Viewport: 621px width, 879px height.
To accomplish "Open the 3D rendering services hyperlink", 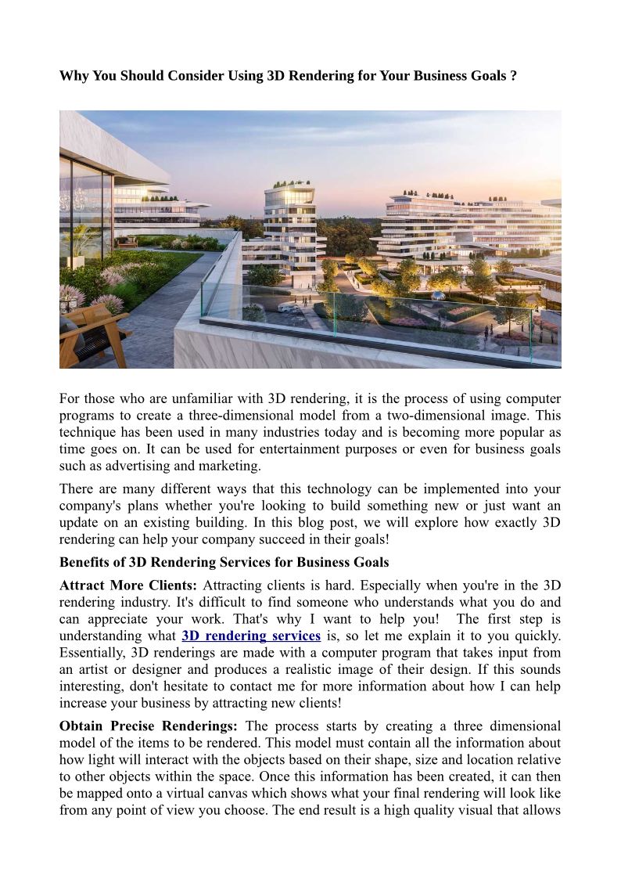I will tap(251, 636).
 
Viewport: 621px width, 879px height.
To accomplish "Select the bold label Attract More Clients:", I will tap(129, 586).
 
